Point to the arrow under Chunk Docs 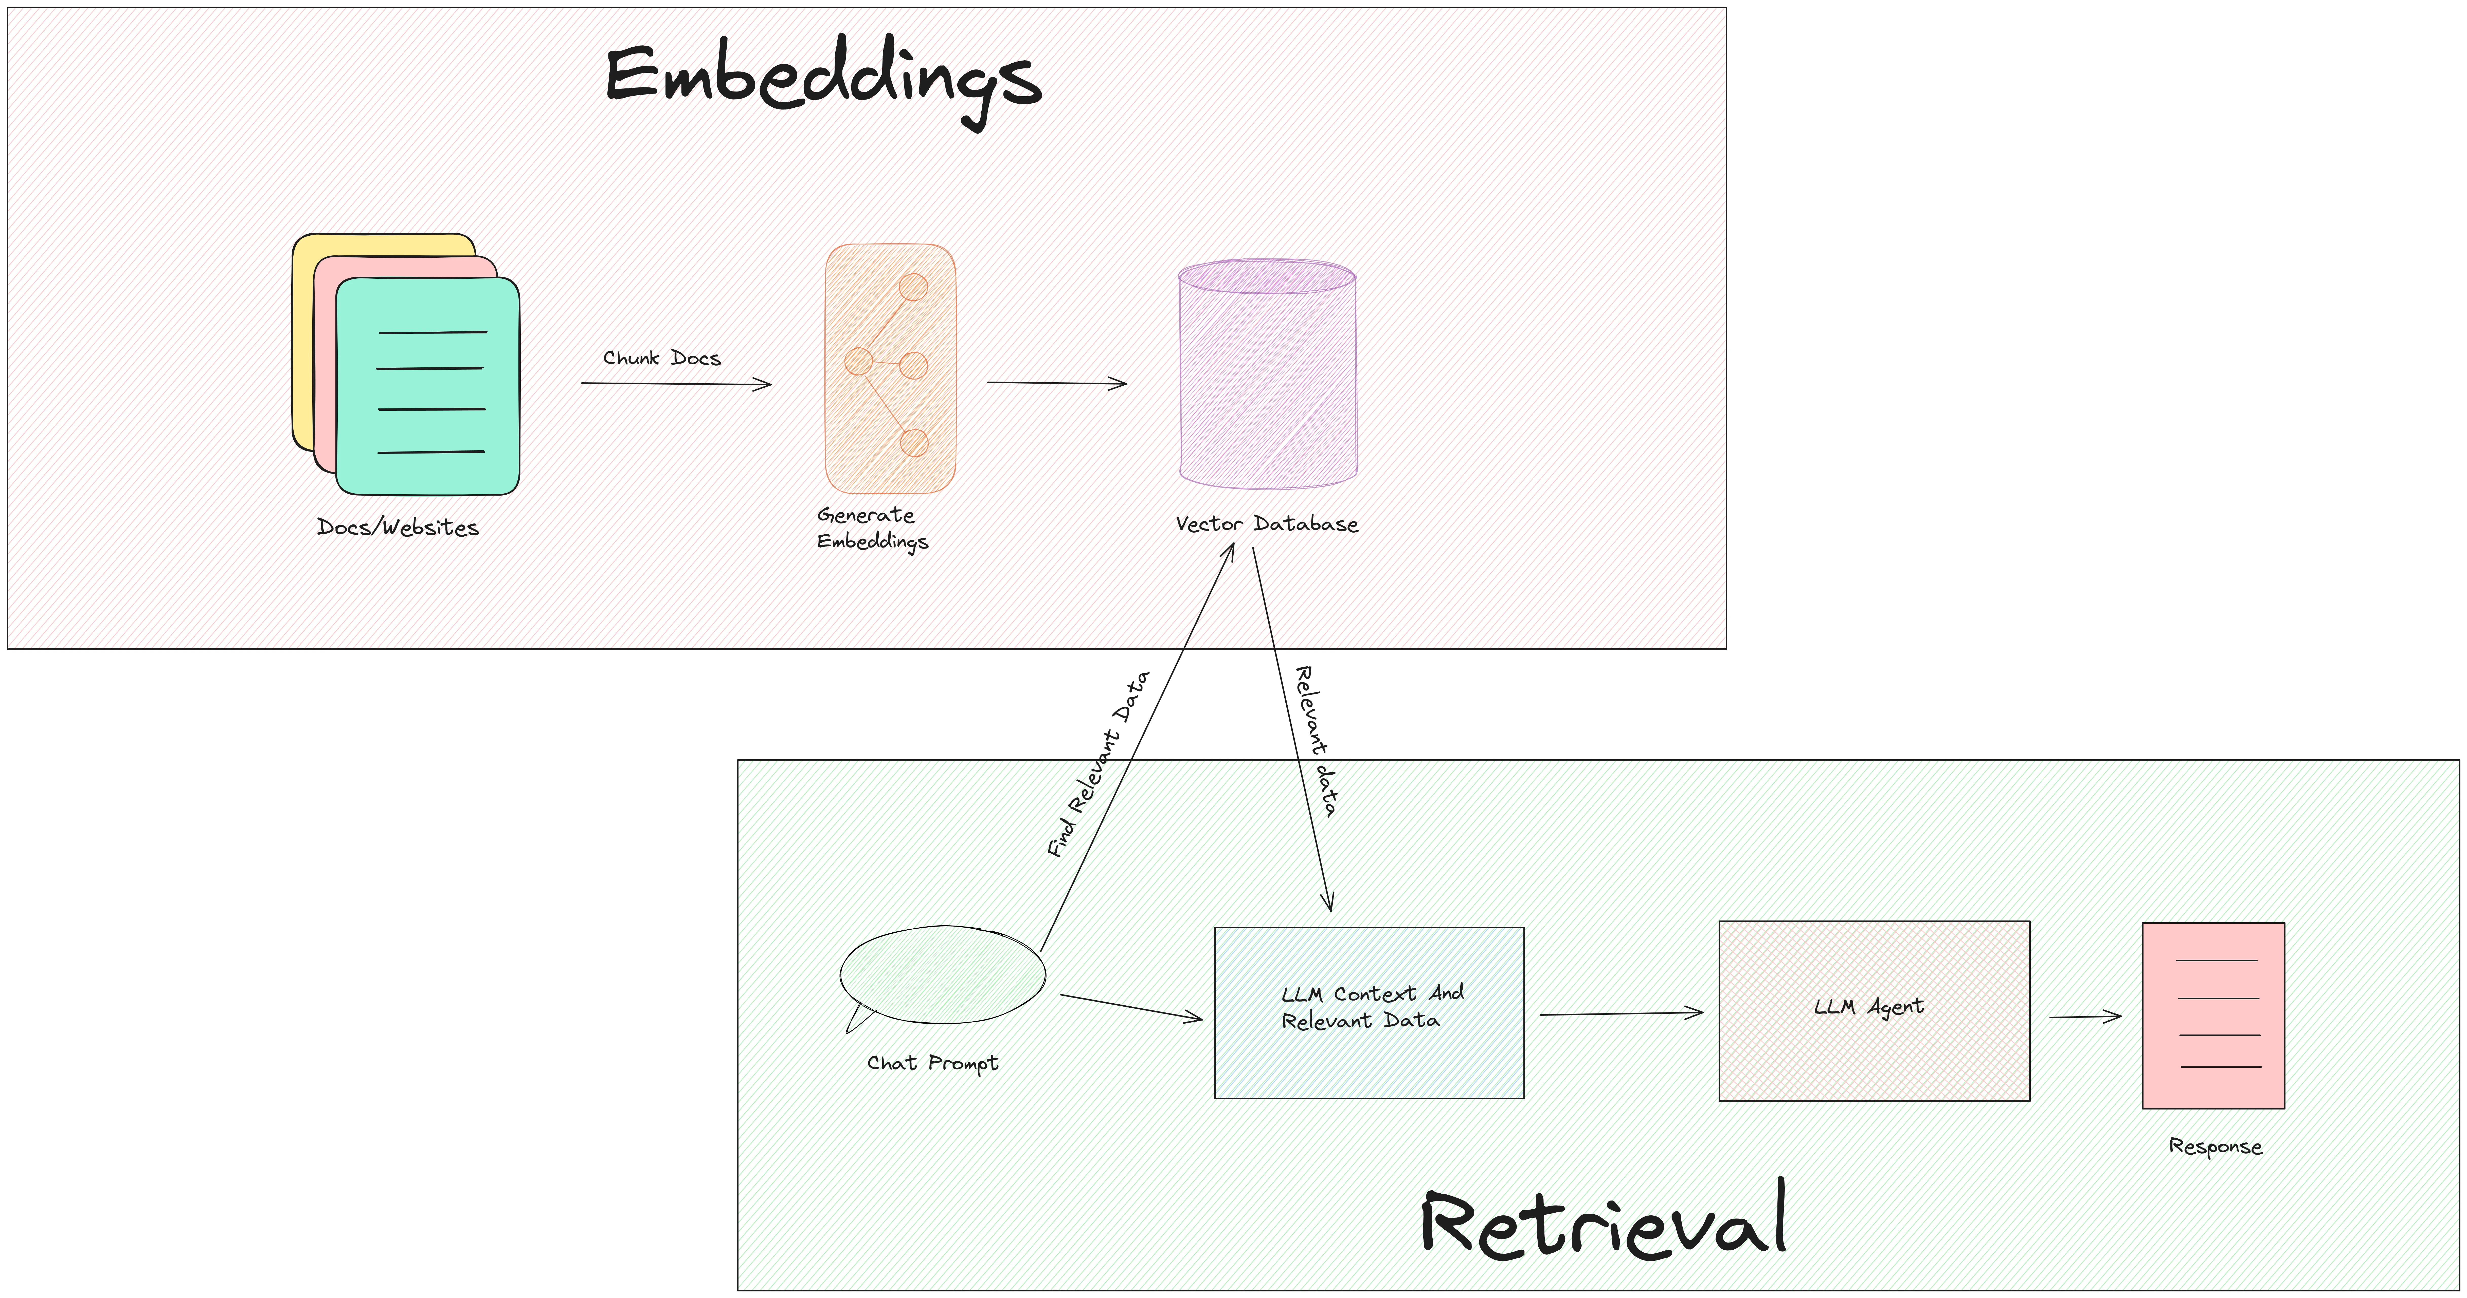tap(675, 384)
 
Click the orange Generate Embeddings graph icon tap(890, 369)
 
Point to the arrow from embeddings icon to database tap(1056, 383)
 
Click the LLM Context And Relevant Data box tap(1368, 1012)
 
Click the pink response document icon tap(2212, 1015)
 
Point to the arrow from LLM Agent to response tap(2085, 1017)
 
